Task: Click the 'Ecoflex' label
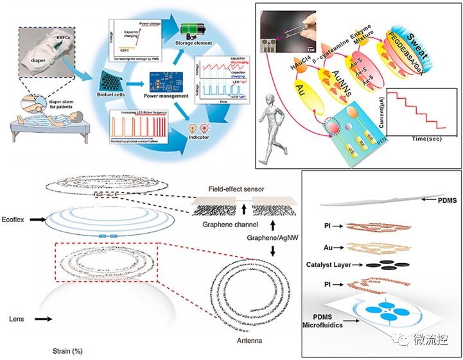[x=15, y=218]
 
